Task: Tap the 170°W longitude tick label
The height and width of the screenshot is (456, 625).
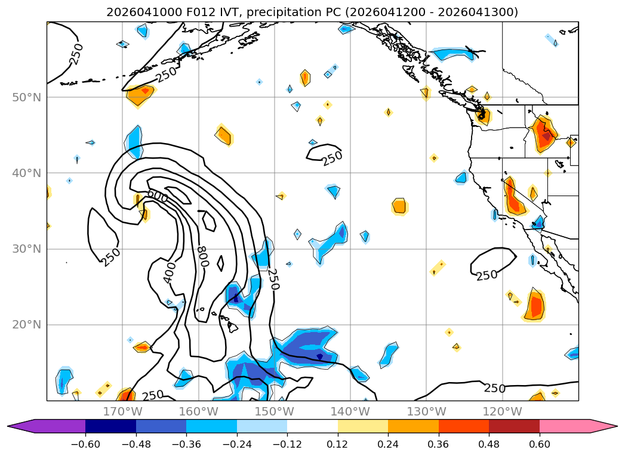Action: pyautogui.click(x=122, y=411)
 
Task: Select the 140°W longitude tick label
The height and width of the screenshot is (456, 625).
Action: pyautogui.click(x=350, y=411)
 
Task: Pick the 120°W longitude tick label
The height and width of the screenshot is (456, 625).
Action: pyautogui.click(x=502, y=411)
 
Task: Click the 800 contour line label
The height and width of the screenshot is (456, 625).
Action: pyautogui.click(x=202, y=258)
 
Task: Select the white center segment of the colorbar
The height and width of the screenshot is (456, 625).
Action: pyautogui.click(x=312, y=426)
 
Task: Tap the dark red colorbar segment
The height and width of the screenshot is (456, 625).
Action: pyautogui.click(x=514, y=426)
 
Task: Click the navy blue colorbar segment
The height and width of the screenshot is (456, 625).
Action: pyautogui.click(x=110, y=426)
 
